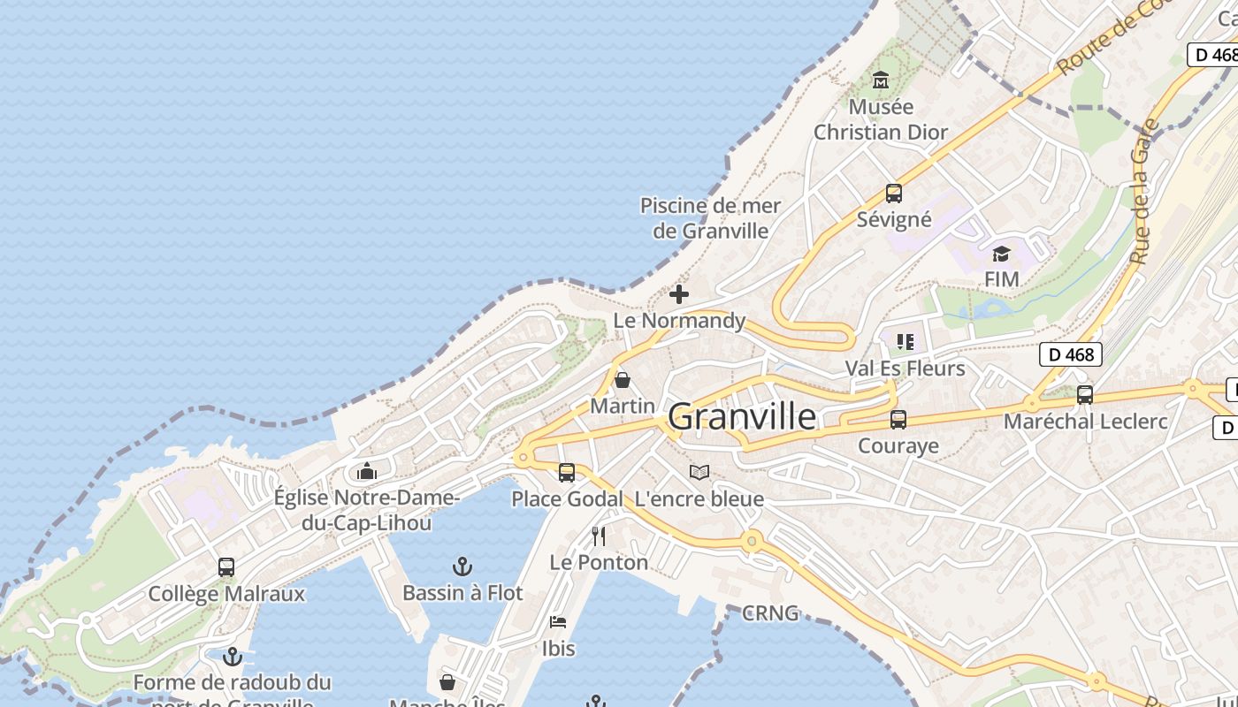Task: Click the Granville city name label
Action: [x=742, y=416]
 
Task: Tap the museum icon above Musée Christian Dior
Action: [x=880, y=80]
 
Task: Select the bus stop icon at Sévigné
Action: [x=894, y=193]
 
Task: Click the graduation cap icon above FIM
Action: [x=1001, y=255]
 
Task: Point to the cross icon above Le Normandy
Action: [x=679, y=294]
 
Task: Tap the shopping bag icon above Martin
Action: [x=623, y=380]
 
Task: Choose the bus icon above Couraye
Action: [x=898, y=420]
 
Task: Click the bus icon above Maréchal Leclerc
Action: [x=1085, y=395]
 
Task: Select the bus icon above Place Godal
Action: [x=567, y=473]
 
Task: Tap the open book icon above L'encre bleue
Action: [x=699, y=472]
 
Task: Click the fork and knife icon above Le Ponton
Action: [x=599, y=536]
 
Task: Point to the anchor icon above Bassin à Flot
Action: [x=462, y=566]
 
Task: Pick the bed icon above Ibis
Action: [x=557, y=622]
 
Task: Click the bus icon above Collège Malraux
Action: [x=226, y=567]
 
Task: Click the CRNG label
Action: [x=770, y=612]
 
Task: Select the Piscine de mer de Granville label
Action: [x=710, y=218]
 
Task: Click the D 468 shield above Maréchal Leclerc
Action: [x=1071, y=355]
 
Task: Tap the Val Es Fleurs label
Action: [x=905, y=368]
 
